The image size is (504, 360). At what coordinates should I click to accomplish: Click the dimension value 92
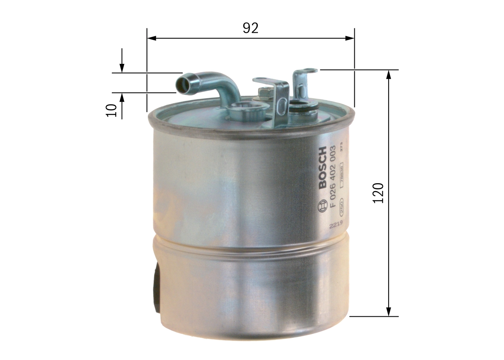(250, 28)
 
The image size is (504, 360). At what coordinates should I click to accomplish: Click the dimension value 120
(378, 193)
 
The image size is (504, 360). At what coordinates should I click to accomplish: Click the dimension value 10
(112, 110)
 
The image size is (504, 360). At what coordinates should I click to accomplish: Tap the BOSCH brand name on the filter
(322, 167)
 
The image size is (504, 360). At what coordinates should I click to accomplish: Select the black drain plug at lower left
(157, 288)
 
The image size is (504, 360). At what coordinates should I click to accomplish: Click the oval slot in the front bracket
(282, 105)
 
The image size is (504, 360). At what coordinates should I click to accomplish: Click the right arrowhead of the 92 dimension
(350, 38)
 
